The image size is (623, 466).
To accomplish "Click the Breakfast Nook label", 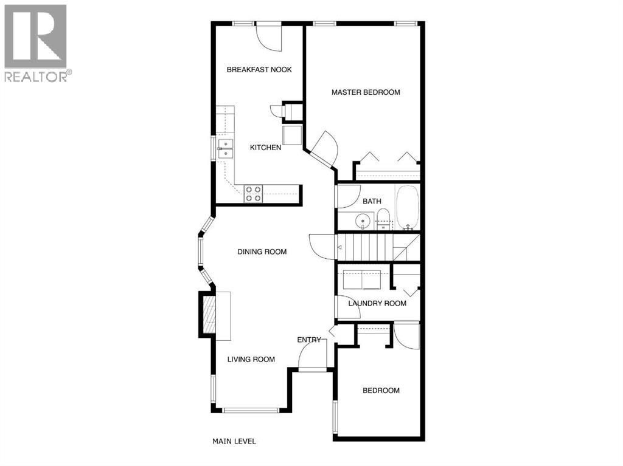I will click(x=259, y=69).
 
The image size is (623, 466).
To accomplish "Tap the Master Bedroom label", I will click(x=366, y=92).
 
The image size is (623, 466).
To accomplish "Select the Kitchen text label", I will click(x=266, y=148).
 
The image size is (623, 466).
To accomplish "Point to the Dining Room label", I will click(x=262, y=252).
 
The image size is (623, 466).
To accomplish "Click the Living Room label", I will click(x=251, y=359).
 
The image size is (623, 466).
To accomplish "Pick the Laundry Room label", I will click(x=377, y=303).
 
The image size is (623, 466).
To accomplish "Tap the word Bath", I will click(x=372, y=201).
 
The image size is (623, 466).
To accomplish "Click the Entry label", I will click(x=308, y=340).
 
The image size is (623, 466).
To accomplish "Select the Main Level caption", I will click(x=234, y=441).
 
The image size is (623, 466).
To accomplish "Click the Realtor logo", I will click(x=36, y=43).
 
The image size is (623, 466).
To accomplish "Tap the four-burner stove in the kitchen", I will click(x=253, y=194).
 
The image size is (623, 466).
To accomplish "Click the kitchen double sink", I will click(x=226, y=148).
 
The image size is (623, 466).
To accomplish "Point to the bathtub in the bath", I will click(x=408, y=207).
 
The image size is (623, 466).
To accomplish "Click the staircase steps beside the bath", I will click(x=365, y=247).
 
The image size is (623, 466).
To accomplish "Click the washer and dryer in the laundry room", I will click(x=362, y=280).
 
